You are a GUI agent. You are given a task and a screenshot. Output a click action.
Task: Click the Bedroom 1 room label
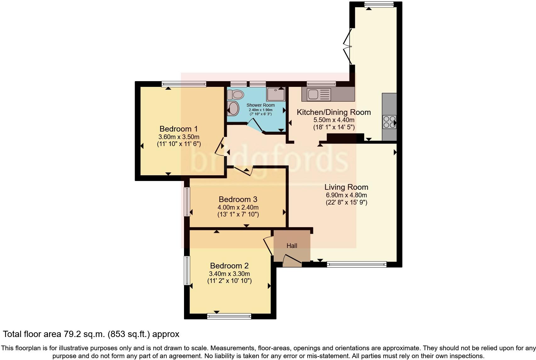[x=178, y=129]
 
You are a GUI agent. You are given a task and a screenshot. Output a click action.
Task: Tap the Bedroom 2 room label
[x=229, y=266]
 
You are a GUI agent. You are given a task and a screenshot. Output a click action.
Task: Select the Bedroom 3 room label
[x=238, y=199]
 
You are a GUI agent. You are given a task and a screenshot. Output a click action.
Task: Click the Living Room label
[x=346, y=187]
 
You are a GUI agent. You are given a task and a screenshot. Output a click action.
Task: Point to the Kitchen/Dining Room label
[x=334, y=112]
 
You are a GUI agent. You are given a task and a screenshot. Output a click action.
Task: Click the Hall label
[x=292, y=246]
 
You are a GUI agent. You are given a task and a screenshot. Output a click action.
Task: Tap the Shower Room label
[x=260, y=105]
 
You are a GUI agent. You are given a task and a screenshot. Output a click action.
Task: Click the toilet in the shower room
[x=236, y=94]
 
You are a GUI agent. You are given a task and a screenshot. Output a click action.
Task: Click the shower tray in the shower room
[x=276, y=94]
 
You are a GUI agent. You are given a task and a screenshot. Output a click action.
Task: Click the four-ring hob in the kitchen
[x=389, y=122]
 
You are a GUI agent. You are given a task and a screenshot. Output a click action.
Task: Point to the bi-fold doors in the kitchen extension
[x=348, y=47]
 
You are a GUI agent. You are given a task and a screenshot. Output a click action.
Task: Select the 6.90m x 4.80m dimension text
[x=346, y=195]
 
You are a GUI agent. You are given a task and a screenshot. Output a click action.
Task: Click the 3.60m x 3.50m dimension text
[x=179, y=137]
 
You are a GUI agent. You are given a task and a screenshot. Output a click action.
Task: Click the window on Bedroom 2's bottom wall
[x=229, y=316]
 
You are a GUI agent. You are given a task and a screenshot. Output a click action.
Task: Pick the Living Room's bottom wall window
[x=357, y=265]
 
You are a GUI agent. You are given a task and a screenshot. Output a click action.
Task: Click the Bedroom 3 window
[x=187, y=202]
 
